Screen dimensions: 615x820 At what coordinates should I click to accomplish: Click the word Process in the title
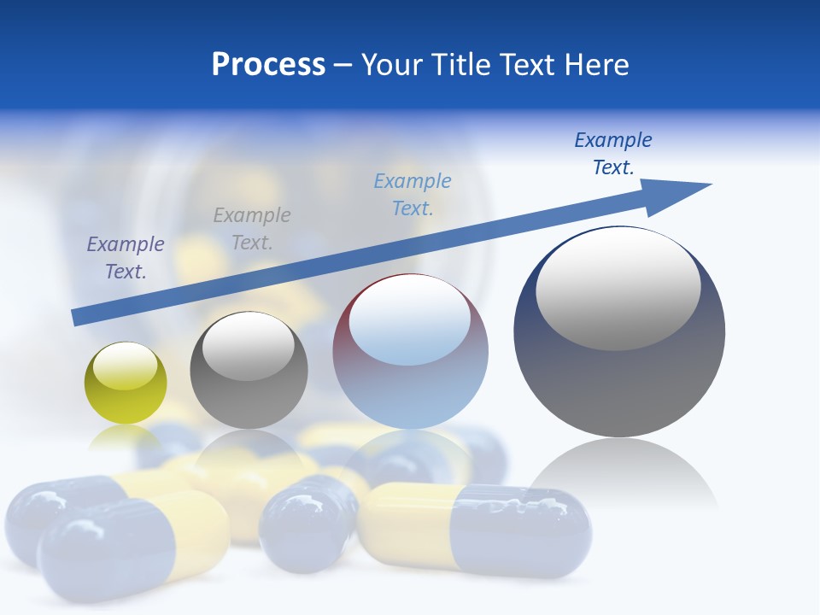click(268, 65)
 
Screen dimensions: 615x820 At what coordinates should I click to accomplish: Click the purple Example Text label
click(126, 258)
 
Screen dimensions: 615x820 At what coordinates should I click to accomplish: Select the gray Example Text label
click(252, 229)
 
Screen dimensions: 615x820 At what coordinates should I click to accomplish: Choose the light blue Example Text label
click(413, 195)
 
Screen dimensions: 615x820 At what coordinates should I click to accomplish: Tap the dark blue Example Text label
click(613, 154)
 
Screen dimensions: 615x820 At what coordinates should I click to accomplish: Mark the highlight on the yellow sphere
click(125, 366)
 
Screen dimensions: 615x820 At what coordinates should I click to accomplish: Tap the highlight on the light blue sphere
click(409, 320)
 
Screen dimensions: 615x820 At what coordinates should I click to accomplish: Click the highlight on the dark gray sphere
click(248, 347)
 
